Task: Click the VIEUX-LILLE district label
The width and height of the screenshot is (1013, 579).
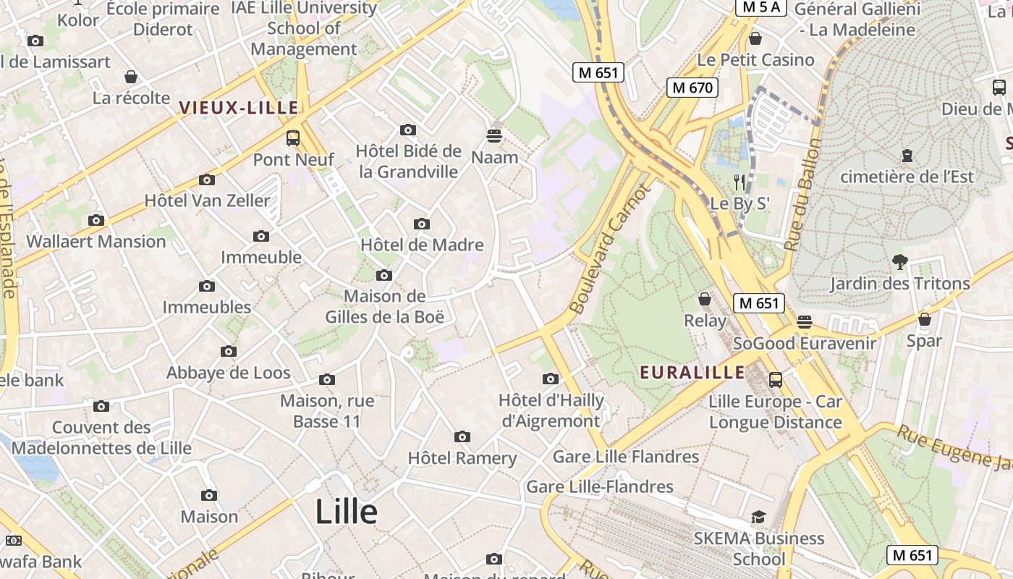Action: click(x=238, y=108)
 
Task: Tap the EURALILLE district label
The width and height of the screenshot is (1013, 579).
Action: click(x=692, y=372)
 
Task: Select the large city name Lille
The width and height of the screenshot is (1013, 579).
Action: click(x=346, y=512)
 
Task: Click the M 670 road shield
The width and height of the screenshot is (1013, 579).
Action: click(x=692, y=88)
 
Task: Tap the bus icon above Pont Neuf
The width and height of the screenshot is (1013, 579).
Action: click(x=293, y=138)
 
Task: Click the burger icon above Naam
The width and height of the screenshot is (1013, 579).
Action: click(x=495, y=135)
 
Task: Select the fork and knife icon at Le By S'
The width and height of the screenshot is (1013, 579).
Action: click(x=739, y=182)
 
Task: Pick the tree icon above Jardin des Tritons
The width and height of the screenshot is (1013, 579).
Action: click(x=899, y=261)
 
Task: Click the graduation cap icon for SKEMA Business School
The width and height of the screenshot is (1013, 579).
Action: click(x=758, y=517)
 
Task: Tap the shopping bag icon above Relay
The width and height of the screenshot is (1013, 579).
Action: click(x=705, y=298)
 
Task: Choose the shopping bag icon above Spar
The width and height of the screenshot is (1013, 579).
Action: click(x=924, y=318)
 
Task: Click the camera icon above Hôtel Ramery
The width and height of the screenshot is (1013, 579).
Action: click(x=462, y=436)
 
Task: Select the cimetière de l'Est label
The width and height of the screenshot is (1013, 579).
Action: click(x=917, y=177)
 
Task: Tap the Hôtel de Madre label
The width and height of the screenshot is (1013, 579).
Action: click(x=422, y=245)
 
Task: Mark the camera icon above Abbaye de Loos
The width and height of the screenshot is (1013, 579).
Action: click(x=229, y=352)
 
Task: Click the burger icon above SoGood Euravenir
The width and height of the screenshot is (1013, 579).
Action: click(x=805, y=321)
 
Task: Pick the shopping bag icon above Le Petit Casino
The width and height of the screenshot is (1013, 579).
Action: click(x=755, y=38)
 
